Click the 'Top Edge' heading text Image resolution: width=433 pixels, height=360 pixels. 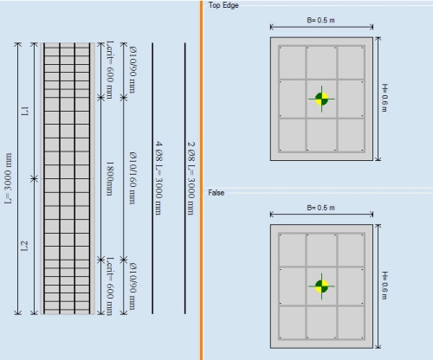point(223,5)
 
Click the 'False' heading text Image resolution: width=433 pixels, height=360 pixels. point(216,193)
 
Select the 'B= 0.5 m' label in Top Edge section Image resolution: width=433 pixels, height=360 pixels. point(320,20)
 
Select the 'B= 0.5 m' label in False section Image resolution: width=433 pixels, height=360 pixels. point(320,208)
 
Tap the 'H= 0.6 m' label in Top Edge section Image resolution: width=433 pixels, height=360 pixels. point(385,98)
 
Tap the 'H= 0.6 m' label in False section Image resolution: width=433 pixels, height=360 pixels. point(385,286)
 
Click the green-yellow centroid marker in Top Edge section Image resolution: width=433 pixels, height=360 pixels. point(321,99)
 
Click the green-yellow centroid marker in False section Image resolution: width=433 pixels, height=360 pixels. point(321,286)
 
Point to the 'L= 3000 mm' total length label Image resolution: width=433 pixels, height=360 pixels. point(9,178)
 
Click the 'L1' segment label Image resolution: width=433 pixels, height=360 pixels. point(25,111)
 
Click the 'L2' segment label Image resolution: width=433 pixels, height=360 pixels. point(25,246)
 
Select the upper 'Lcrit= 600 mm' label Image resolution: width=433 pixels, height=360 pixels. point(110,70)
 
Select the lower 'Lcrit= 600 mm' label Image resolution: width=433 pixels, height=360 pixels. point(110,286)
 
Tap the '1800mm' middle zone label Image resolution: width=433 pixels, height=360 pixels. point(109,178)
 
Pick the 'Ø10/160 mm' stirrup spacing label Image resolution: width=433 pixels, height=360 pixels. point(132,178)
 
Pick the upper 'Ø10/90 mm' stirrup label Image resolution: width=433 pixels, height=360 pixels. point(132,69)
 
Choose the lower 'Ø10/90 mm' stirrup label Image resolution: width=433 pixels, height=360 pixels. point(132,286)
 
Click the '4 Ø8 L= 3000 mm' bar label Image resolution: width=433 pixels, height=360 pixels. point(158,178)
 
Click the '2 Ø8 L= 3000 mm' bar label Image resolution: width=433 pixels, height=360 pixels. point(191,178)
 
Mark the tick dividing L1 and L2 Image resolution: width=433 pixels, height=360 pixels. point(35,178)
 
